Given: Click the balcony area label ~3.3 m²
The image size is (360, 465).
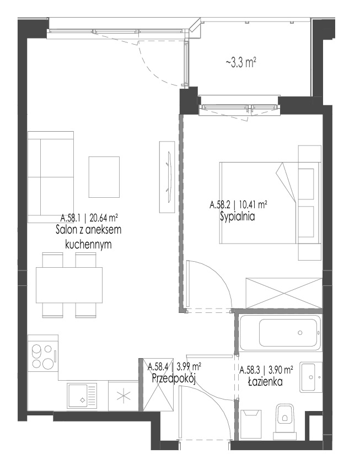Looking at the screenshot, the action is [241, 63].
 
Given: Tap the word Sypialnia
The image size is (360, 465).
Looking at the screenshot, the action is [238, 217].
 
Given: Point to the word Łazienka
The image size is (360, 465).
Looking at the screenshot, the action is [265, 382].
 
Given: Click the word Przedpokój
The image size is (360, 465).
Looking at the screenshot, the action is [174, 379].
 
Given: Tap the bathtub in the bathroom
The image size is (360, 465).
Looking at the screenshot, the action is [280, 333].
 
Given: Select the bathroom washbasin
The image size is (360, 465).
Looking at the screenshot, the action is [311, 377].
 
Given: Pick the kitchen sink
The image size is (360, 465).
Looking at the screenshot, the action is [82, 396].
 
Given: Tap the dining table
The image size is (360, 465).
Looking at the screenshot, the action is [69, 285].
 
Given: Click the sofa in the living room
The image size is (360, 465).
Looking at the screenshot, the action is [51, 177].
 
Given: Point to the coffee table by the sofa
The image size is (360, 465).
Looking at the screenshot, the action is [104, 177].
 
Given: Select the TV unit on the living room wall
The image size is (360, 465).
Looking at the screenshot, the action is [167, 177].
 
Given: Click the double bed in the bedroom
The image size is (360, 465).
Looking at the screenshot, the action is [270, 203].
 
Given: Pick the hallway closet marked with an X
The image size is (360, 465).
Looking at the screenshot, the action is [158, 385].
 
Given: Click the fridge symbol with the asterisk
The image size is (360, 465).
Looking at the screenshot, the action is [123, 396].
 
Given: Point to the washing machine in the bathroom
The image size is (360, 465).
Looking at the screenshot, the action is [251, 424].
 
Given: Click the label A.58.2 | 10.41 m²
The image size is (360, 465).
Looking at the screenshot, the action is [238, 204].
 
